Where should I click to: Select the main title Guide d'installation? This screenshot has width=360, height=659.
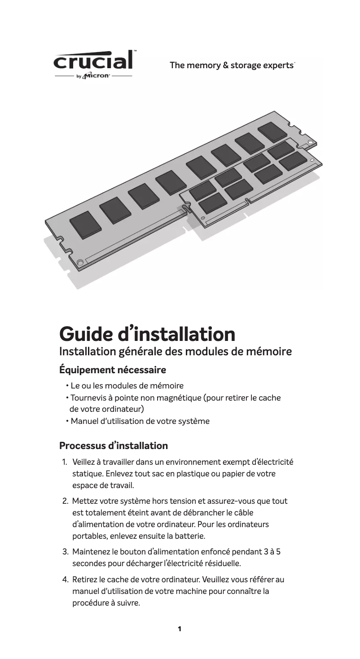tap(147, 334)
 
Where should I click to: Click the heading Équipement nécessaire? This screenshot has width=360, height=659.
tap(113, 370)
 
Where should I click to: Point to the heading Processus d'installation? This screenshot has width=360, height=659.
tap(114, 446)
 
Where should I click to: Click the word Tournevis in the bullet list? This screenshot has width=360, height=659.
tap(87, 397)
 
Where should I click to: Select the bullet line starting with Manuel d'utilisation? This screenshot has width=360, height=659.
tap(140, 421)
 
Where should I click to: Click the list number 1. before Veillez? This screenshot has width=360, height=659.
tap(65, 462)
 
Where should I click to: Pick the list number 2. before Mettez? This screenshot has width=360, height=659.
tap(65, 501)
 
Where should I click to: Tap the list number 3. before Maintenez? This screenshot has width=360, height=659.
tap(65, 551)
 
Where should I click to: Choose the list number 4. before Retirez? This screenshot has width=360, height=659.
tap(65, 580)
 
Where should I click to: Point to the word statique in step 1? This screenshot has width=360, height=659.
tap(87, 474)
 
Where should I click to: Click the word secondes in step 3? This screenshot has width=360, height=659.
tap(89, 563)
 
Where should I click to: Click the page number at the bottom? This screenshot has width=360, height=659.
tap(180, 629)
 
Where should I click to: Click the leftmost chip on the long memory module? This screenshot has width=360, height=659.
tap(85, 224)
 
